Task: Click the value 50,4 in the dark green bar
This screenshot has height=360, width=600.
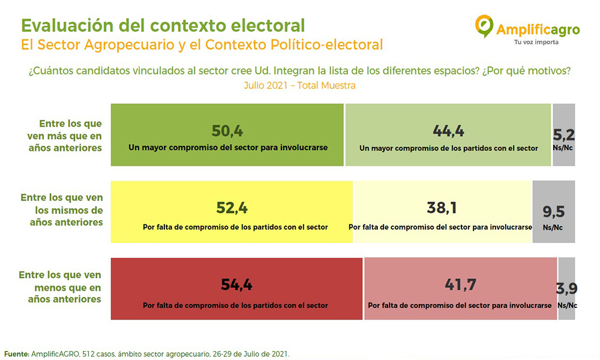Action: pyautogui.click(x=227, y=131)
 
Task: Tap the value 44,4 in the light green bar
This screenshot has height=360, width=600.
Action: pyautogui.click(x=448, y=131)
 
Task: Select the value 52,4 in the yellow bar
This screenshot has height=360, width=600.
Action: pyautogui.click(x=232, y=208)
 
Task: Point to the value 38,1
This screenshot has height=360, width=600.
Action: pyautogui.click(x=442, y=208)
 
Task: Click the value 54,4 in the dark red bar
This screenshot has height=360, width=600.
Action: pyautogui.click(x=236, y=285)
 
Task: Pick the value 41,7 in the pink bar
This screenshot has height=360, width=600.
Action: pyautogui.click(x=460, y=285)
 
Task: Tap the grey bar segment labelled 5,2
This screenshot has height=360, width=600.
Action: pyautogui.click(x=563, y=135)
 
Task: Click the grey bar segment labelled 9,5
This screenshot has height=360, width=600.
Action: pyautogui.click(x=553, y=212)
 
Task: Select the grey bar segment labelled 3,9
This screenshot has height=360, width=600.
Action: pyautogui.click(x=567, y=289)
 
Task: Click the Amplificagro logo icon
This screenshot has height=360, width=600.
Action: pyautogui.click(x=484, y=26)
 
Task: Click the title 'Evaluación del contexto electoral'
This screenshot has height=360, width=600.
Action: pyautogui.click(x=163, y=26)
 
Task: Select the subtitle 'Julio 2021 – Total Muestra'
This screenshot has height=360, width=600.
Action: pyautogui.click(x=299, y=86)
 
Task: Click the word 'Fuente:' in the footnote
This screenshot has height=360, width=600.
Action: pyautogui.click(x=17, y=354)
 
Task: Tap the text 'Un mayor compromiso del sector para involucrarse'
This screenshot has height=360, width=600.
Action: pyautogui.click(x=227, y=147)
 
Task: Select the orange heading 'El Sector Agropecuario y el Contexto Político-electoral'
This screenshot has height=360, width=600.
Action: pyautogui.click(x=202, y=45)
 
